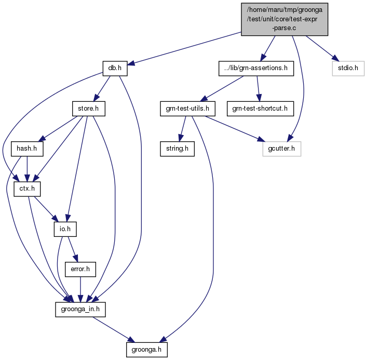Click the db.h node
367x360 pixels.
click(115, 69)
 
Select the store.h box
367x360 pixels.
click(89, 109)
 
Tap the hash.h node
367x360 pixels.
click(27, 149)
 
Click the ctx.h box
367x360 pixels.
click(27, 189)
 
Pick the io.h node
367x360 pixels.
click(65, 229)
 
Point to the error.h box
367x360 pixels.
click(80, 270)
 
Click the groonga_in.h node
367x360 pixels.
click(80, 310)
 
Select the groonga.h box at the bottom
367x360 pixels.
click(147, 350)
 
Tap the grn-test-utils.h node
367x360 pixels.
click(187, 109)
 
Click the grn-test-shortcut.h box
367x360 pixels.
click(260, 109)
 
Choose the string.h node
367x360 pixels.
click(177, 149)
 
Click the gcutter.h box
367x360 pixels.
click(281, 149)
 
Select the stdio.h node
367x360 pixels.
click(348, 69)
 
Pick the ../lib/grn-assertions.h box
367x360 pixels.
click(256, 69)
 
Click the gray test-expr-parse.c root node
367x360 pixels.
click(284, 19)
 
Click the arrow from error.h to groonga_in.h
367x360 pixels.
click(80, 289)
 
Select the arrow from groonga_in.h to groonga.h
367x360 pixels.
click(114, 329)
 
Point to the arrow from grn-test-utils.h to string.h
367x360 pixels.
click(182, 129)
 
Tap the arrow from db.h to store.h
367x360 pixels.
click(102, 89)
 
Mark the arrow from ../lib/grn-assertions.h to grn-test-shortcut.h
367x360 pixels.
click(258, 89)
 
